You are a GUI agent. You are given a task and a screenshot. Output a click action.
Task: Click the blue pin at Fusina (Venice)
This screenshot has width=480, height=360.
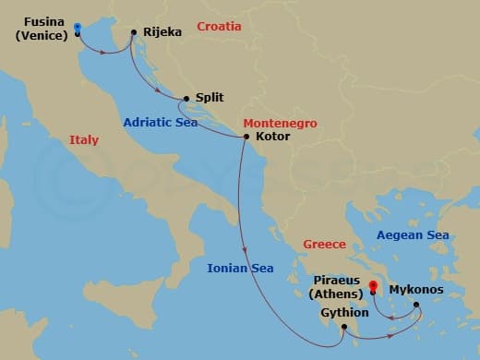pos(77,29)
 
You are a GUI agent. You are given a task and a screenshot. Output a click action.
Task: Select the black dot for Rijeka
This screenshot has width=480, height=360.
pos(134,33)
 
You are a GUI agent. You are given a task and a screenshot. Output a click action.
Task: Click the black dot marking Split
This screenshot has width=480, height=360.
pos(186,98)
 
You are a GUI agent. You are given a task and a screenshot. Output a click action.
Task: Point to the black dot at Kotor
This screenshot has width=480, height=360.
pos(246,138)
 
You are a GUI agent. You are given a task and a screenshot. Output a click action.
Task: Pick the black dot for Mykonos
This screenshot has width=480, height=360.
pos(415,305)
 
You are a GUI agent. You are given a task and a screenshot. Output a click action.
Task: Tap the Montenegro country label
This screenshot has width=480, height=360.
pos(281,123)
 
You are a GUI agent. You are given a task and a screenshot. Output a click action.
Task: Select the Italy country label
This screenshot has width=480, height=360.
pos(84,140)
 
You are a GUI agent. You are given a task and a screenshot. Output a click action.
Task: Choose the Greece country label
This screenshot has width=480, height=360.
pos(324,245)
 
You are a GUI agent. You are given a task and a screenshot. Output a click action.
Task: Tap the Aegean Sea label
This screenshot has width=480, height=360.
pos(413,235)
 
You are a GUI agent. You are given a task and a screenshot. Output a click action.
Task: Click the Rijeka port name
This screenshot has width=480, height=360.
pos(162,31)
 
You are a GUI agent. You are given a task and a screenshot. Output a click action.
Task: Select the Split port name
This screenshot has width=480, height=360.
pos(210,97)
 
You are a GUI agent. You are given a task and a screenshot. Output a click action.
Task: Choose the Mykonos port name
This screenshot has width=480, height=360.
pos(416,290)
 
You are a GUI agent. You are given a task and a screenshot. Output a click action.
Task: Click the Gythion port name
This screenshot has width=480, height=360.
pos(344,312)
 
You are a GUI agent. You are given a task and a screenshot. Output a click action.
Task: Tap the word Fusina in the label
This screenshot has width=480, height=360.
pos(43,21)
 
